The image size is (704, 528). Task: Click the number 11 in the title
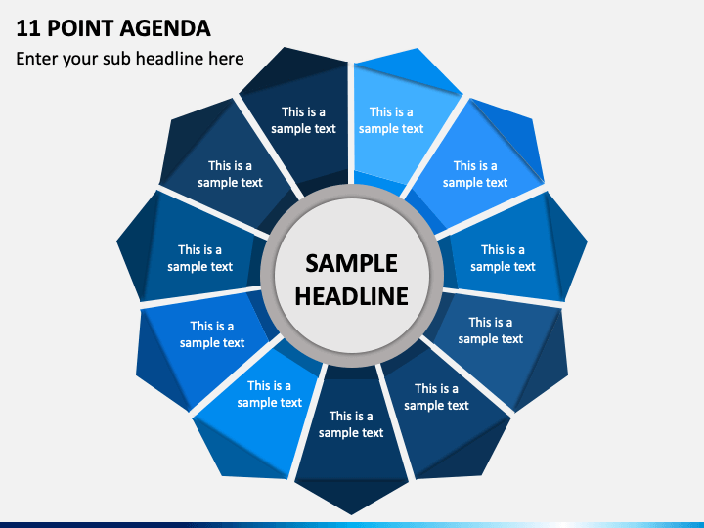(x=25, y=27)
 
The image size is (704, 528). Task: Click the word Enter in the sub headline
(x=37, y=59)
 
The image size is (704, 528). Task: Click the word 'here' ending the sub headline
(x=227, y=59)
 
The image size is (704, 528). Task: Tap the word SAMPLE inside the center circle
(x=351, y=263)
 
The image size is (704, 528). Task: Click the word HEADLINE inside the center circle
(x=351, y=296)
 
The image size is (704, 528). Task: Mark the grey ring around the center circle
(x=351, y=192)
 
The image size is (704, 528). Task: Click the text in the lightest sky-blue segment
(x=391, y=120)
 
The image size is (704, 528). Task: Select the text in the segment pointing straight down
(x=351, y=424)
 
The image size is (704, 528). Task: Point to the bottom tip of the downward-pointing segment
(x=352, y=511)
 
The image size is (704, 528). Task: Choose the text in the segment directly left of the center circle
(x=199, y=258)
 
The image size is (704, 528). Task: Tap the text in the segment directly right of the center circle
(x=503, y=258)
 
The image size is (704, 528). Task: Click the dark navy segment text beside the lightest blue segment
(x=303, y=120)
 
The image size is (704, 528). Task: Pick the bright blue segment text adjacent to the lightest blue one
(x=475, y=174)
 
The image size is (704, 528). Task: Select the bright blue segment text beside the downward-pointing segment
(x=269, y=394)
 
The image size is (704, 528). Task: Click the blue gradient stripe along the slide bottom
(x=352, y=524)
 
